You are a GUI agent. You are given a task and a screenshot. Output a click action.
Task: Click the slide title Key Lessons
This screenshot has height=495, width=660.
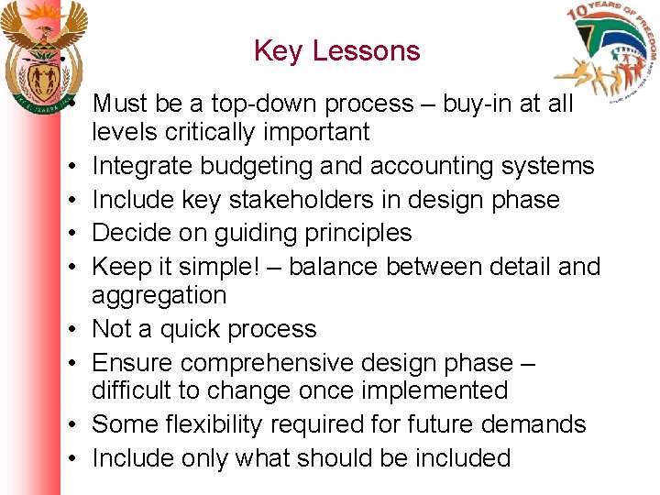(x=336, y=50)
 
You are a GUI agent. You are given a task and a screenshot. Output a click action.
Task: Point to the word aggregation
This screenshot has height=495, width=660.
(x=158, y=295)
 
